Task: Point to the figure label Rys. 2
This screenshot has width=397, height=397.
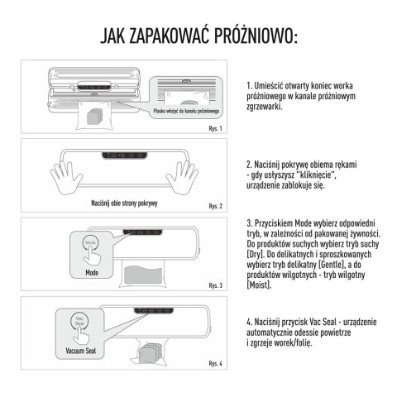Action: click(215, 206)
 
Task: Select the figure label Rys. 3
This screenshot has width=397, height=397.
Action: click(215, 285)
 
